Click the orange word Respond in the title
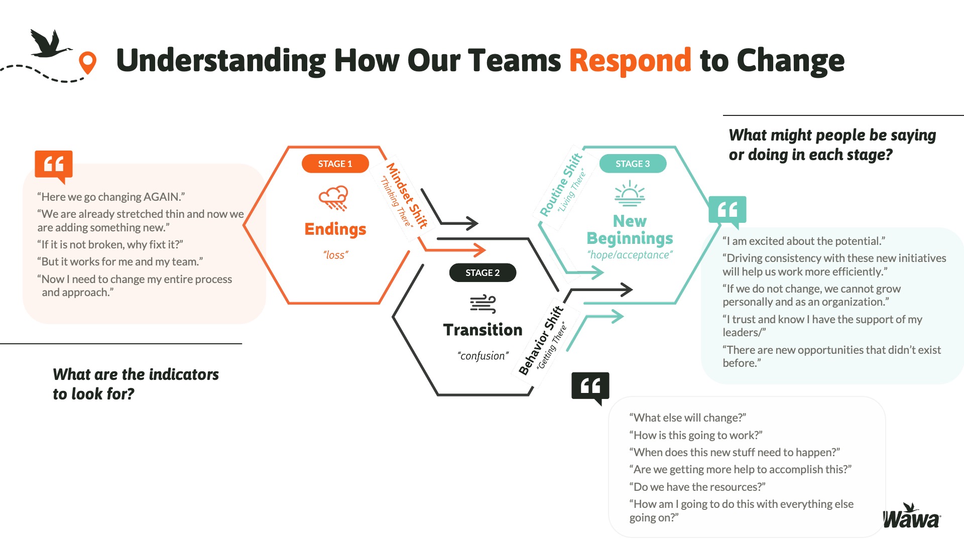point(630,61)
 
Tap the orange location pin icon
point(88,62)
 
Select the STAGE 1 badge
point(335,164)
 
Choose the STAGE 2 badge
point(483,273)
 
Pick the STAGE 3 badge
point(633,164)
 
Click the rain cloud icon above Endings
point(333,198)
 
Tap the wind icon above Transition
point(483,304)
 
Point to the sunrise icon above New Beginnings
point(630,194)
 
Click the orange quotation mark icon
point(54,165)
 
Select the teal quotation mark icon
point(727,210)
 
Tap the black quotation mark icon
point(590,386)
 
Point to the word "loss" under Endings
point(335,255)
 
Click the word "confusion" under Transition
point(483,356)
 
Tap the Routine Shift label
point(561,185)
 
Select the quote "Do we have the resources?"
point(697,487)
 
